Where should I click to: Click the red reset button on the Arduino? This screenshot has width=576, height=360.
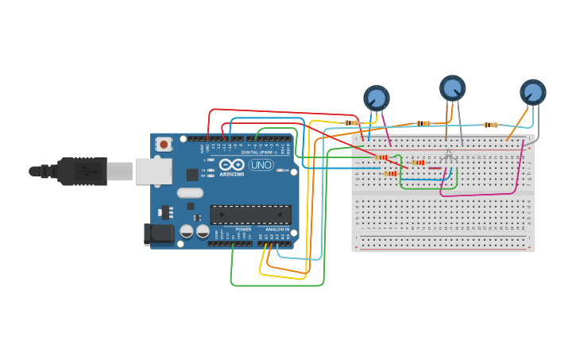click(x=164, y=144)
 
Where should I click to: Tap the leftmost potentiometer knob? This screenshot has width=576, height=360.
click(x=376, y=98)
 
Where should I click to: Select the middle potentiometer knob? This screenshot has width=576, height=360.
click(x=452, y=87)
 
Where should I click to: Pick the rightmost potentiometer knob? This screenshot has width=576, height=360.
click(x=532, y=91)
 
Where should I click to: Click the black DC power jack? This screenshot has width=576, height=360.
click(x=157, y=233)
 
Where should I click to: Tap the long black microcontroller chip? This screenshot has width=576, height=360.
click(x=250, y=215)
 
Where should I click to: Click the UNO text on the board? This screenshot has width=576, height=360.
click(x=261, y=165)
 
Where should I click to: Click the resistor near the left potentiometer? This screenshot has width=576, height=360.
click(x=351, y=123)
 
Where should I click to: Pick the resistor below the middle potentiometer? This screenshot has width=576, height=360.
click(x=423, y=123)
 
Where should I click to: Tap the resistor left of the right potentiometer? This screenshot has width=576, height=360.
click(x=490, y=125)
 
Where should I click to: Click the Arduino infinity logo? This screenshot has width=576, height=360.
click(x=232, y=165)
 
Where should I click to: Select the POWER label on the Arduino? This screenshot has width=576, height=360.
click(x=243, y=229)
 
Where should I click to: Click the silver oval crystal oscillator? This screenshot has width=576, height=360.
click(x=190, y=192)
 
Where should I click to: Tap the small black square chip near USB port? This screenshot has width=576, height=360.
click(x=192, y=174)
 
